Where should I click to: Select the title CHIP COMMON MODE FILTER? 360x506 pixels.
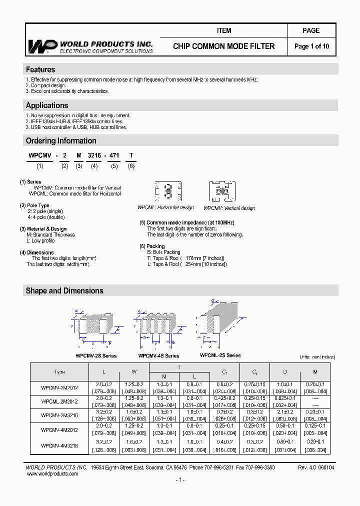(x=223, y=46)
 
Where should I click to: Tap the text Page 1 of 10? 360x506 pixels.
(x=311, y=46)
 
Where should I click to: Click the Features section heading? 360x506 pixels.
(x=40, y=69)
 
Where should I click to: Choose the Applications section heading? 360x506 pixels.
(x=47, y=105)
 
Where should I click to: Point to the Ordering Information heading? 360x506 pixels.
(x=61, y=141)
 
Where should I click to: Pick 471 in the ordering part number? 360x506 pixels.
(x=114, y=155)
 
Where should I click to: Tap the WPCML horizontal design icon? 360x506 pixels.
(x=165, y=191)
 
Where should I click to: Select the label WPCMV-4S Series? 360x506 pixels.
(x=158, y=356)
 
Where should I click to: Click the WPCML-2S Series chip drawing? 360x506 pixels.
(x=220, y=325)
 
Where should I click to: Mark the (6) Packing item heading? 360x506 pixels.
(x=152, y=246)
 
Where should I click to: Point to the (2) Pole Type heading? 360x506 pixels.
(x=34, y=205)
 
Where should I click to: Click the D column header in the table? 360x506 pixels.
(x=284, y=372)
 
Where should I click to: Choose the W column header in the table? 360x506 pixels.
(x=134, y=372)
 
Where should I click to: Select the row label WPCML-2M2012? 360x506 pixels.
(x=59, y=401)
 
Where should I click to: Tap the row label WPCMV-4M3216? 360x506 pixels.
(x=59, y=445)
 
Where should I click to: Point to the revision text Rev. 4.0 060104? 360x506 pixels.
(x=315, y=467)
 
